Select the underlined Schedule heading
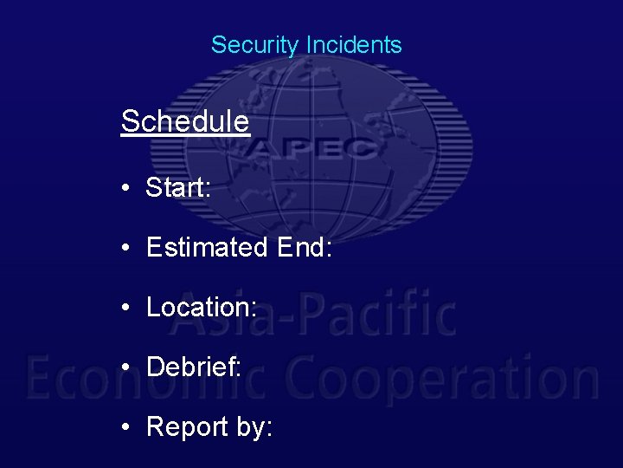(185, 121)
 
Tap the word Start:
(179, 187)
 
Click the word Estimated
(208, 248)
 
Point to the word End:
(304, 248)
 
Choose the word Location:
(202, 307)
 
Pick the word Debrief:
(194, 367)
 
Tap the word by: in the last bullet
(253, 427)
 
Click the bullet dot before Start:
(126, 188)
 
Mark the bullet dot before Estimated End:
(126, 249)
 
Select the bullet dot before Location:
(126, 308)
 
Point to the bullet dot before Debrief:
(126, 367)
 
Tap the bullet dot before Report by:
(126, 427)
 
